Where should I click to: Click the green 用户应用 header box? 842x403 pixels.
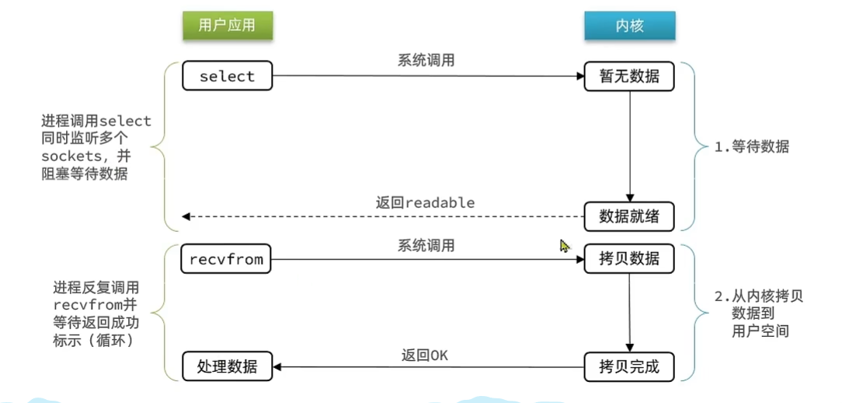pyautogui.click(x=227, y=26)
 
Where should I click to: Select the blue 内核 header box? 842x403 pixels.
pyautogui.click(x=629, y=26)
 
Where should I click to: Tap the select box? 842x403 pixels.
pyautogui.click(x=227, y=76)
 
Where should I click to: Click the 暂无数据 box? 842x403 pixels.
pyautogui.click(x=629, y=76)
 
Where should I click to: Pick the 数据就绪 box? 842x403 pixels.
pyautogui.click(x=629, y=216)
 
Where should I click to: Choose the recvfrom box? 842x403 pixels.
pyautogui.click(x=227, y=259)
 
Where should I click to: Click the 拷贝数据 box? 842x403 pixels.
pyautogui.click(x=629, y=259)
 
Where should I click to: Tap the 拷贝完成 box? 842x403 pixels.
pyautogui.click(x=629, y=366)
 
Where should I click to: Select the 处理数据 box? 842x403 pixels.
pyautogui.click(x=227, y=366)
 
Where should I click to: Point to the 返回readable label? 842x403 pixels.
pyautogui.click(x=425, y=202)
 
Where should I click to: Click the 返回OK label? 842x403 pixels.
pyautogui.click(x=425, y=355)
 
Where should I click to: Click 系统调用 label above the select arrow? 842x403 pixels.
pyautogui.click(x=426, y=61)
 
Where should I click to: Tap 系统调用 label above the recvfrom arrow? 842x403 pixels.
pyautogui.click(x=426, y=245)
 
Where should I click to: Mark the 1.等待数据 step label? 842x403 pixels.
pyautogui.click(x=751, y=146)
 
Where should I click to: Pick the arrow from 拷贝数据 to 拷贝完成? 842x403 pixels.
pyautogui.click(x=629, y=311)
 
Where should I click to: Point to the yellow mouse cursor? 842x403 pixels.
pyautogui.click(x=565, y=246)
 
